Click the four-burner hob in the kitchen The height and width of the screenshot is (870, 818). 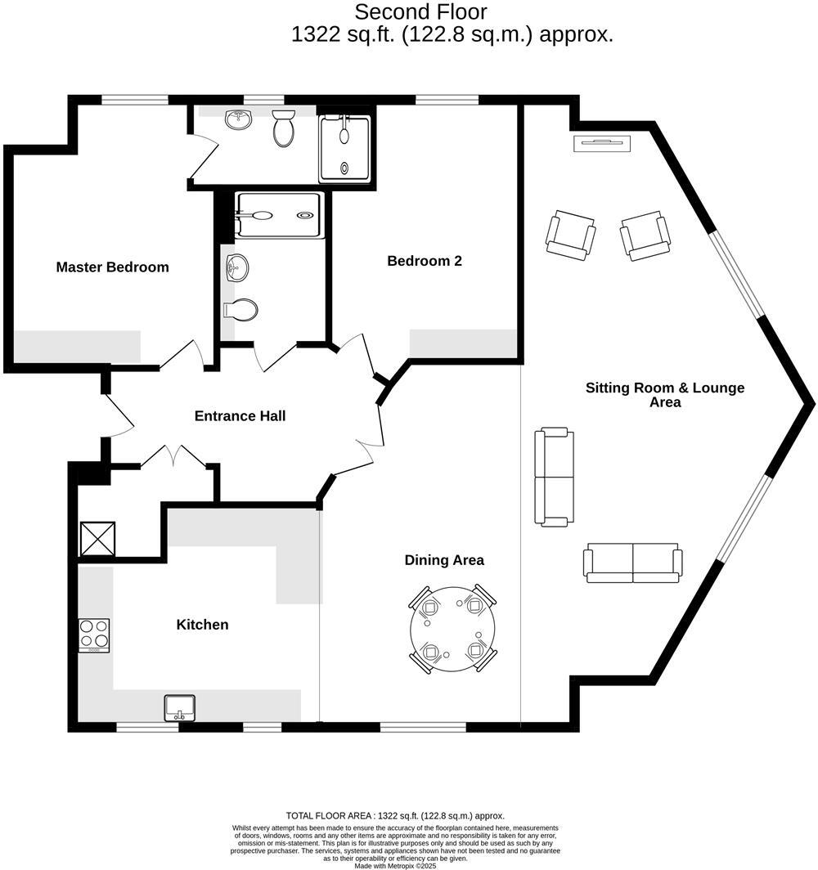tap(94, 635)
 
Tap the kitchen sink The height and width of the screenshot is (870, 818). tap(179, 707)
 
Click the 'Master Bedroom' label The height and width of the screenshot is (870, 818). tap(112, 267)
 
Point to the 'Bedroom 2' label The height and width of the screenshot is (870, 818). tap(425, 261)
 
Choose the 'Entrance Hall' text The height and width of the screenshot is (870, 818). tap(240, 416)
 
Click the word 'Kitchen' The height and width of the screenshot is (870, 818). tap(202, 625)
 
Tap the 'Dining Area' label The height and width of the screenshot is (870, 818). tap(444, 560)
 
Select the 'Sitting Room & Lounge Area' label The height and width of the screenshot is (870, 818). tap(664, 395)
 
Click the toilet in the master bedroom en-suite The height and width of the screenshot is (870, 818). tap(284, 128)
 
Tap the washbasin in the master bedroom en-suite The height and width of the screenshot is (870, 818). tap(239, 119)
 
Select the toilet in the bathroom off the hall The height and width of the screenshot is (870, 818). tap(240, 309)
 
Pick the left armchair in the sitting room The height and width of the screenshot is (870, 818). tap(571, 235)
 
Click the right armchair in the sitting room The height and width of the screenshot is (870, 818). tap(645, 235)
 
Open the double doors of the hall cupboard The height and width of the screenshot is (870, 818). tap(173, 457)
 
